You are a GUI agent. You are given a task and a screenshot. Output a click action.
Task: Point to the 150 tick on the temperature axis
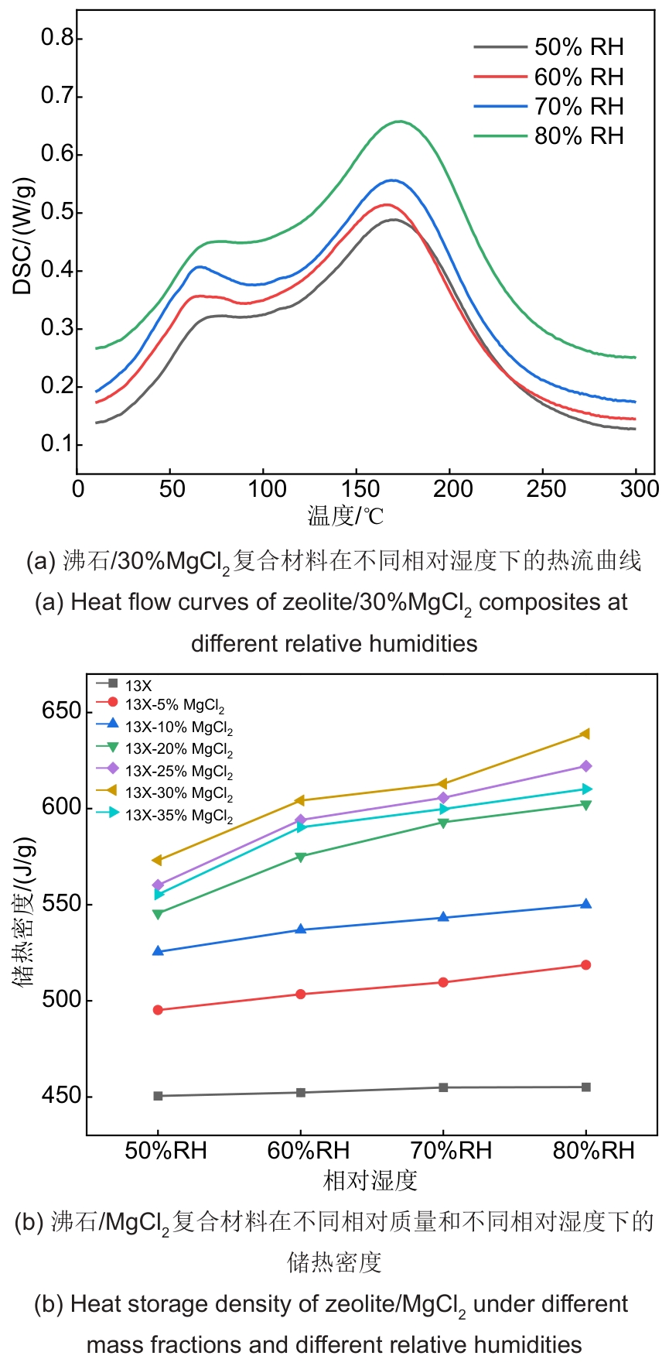tap(358, 489)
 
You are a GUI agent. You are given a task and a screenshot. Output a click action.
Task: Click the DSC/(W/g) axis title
tap(23, 237)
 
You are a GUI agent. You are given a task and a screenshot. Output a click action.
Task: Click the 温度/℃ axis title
tap(346, 516)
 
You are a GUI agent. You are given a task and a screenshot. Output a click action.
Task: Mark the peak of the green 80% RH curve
tap(400, 122)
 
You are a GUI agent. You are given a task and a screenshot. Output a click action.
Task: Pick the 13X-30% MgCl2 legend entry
tap(179, 793)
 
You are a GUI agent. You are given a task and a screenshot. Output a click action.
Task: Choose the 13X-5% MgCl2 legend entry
tap(175, 705)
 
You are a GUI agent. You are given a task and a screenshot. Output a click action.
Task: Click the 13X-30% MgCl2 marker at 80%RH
tap(585, 734)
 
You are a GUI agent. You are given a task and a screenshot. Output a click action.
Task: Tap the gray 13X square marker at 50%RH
tap(158, 1096)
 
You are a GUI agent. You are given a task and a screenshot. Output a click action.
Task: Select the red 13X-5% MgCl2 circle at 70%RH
tap(443, 982)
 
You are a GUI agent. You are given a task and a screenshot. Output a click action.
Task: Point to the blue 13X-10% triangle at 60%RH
tap(301, 929)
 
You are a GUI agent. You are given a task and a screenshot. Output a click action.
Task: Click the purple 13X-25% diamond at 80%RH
tap(585, 766)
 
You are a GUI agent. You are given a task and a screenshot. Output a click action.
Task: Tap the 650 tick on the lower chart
tap(61, 711)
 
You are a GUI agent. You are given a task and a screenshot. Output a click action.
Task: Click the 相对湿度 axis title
tap(370, 1180)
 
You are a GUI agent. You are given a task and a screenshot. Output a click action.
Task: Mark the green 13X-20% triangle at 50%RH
tap(158, 914)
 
